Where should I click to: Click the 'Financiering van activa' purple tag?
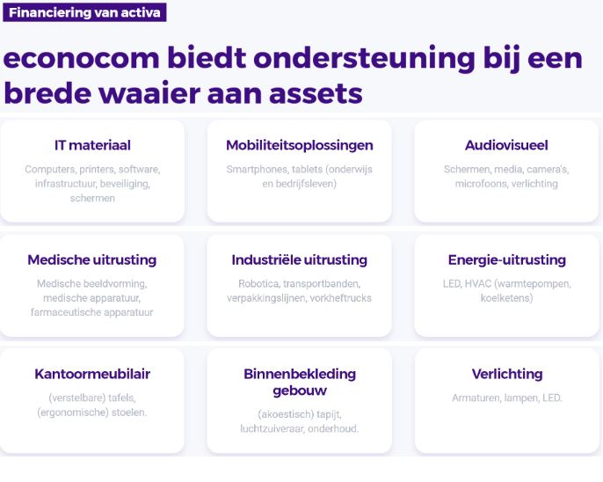click(84, 12)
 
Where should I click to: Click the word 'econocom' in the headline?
click(81, 59)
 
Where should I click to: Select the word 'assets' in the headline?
click(316, 94)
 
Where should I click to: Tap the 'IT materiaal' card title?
click(92, 145)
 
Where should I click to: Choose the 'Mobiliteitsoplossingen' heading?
click(300, 145)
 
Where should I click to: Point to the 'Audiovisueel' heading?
click(506, 145)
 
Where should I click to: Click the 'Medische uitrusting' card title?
click(92, 260)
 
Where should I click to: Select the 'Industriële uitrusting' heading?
click(299, 260)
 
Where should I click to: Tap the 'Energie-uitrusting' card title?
click(507, 260)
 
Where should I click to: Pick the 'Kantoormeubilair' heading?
click(92, 374)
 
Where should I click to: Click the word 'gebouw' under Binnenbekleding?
click(300, 391)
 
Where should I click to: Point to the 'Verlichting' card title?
click(507, 374)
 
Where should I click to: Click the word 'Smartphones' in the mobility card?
click(258, 170)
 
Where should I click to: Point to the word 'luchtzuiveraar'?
click(272, 429)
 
